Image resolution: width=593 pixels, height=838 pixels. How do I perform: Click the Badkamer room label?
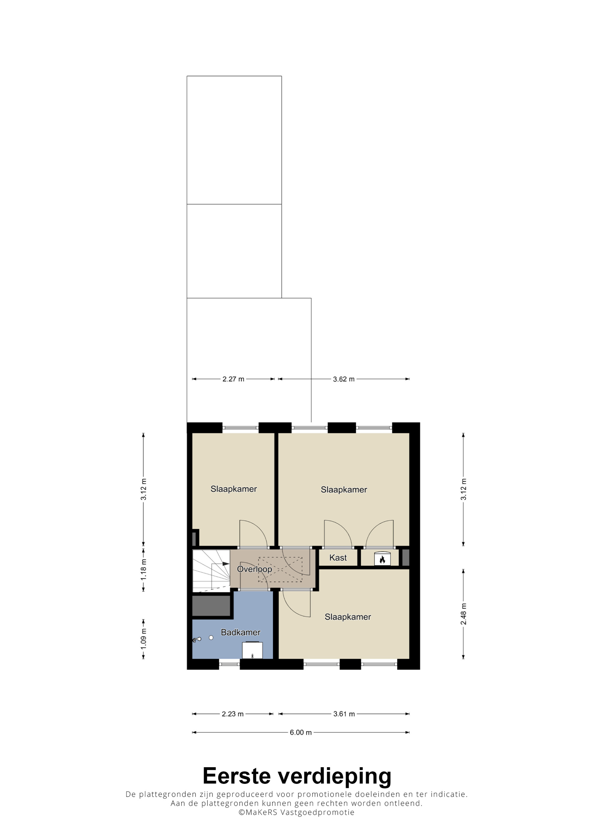tap(240, 632)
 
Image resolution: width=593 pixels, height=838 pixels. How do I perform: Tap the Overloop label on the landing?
tap(254, 569)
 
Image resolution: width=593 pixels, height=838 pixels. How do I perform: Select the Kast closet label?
tap(338, 558)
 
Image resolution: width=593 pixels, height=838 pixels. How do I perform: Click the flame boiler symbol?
tap(382, 559)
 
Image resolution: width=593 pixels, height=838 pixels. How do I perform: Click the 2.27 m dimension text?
tap(233, 379)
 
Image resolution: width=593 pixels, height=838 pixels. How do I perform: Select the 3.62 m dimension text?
tap(343, 379)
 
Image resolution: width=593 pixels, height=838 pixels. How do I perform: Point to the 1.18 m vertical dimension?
tap(144, 570)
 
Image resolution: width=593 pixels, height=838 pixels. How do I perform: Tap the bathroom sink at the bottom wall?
tap(252, 650)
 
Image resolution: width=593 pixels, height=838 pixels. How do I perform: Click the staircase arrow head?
tap(226, 564)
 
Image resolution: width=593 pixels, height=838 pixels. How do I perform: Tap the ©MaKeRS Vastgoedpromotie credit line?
tap(296, 813)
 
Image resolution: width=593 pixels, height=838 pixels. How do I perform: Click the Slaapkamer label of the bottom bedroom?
tap(347, 617)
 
